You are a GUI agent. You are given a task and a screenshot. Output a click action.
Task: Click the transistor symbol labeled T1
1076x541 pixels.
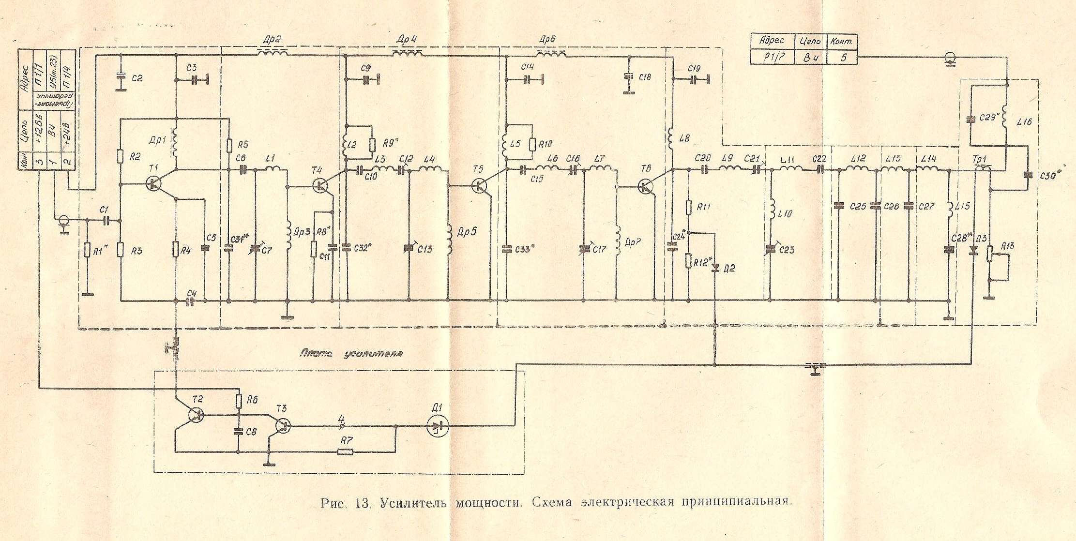154,183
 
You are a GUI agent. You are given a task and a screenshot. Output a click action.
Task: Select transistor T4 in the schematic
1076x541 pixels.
321,185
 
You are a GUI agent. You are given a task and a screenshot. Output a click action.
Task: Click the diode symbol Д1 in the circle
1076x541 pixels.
438,426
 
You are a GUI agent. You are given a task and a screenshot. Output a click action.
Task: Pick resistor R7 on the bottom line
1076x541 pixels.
345,452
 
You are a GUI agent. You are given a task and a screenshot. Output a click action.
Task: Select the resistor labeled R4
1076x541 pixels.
177,249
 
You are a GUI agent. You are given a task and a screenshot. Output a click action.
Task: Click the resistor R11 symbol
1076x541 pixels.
688,208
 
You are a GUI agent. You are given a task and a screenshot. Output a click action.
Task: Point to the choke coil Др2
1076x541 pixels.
273,53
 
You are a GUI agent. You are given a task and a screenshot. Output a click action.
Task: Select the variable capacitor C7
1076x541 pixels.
255,249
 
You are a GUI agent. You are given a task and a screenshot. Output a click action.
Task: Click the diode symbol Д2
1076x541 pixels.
715,268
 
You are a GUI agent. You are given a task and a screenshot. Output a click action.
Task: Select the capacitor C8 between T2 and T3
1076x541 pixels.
238,432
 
